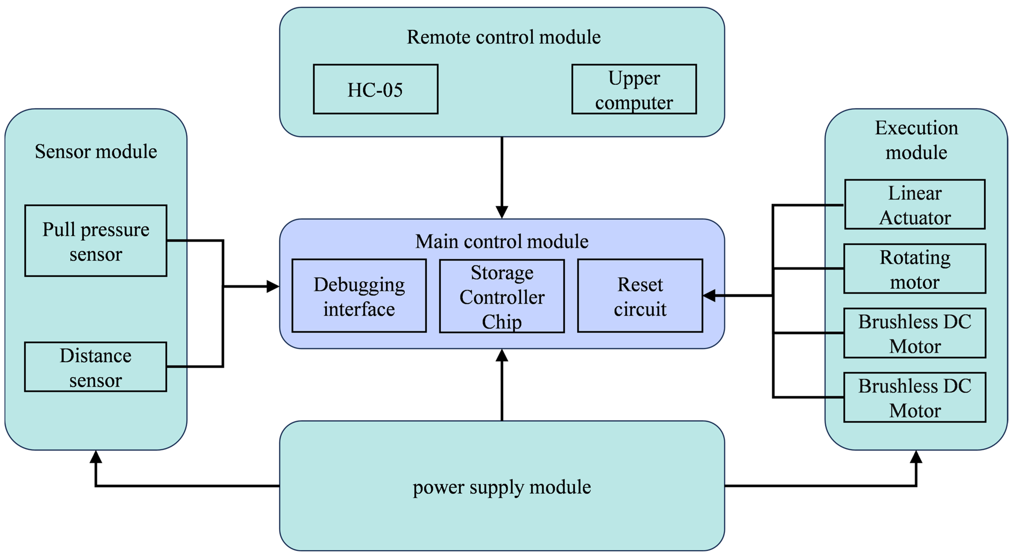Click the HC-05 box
point(375,89)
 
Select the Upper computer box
point(634,89)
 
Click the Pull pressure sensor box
point(96,241)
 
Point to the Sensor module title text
point(96,152)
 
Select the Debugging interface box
point(359,296)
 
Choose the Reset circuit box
point(640,296)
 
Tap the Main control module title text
point(502,241)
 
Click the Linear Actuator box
point(915,205)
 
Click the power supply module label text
point(502,487)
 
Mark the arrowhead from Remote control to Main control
point(502,212)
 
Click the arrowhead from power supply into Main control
point(502,355)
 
